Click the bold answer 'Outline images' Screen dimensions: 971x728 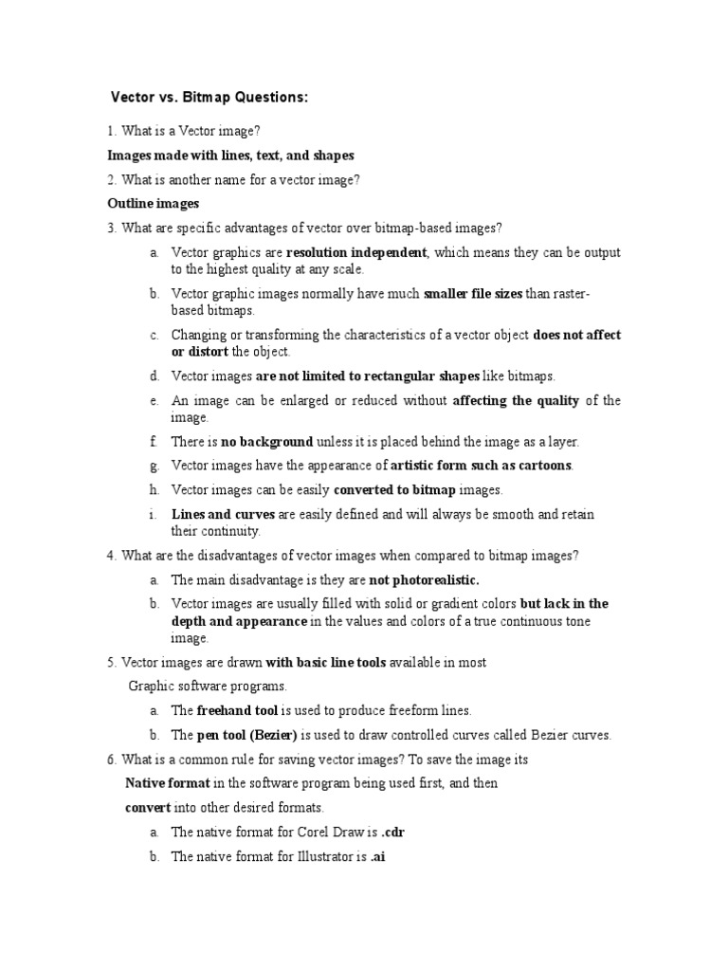coord(153,203)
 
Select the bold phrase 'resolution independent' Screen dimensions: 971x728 coord(356,253)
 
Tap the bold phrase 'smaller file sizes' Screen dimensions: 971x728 coord(472,294)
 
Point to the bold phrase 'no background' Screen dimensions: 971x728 coord(266,442)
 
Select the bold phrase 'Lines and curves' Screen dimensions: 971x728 coord(222,514)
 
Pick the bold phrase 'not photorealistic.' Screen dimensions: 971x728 coord(424,579)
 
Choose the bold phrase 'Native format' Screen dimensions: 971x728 coord(168,783)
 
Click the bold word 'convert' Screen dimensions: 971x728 coord(148,808)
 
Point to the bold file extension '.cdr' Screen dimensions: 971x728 coord(393,833)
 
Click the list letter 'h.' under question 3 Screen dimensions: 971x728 coord(153,490)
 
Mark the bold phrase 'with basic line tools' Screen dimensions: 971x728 coord(325,662)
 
